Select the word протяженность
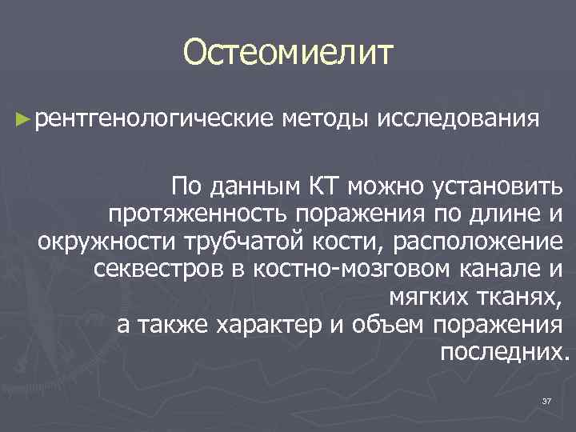coord(199,214)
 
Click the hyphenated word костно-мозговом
coord(338,269)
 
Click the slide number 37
coord(547,400)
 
